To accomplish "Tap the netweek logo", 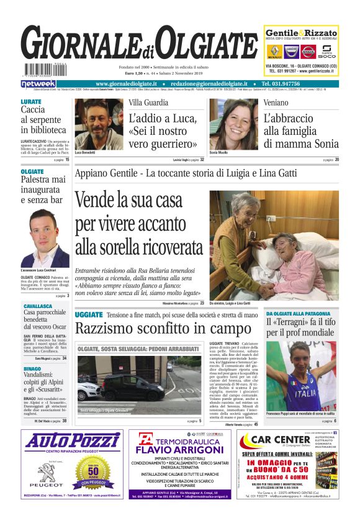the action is pyautogui.click(x=38, y=83).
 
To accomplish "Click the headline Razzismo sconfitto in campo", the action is pyautogui.click(x=163, y=327).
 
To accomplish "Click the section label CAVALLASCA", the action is pyautogui.click(x=38, y=306).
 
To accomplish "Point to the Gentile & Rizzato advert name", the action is pyautogui.click(x=301, y=33).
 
